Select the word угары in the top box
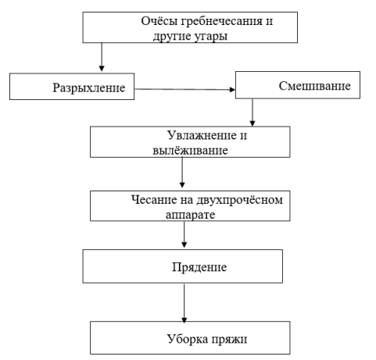[211, 37]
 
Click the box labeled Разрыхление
[72, 87]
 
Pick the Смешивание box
[298, 85]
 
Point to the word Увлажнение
[201, 136]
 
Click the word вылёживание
[190, 151]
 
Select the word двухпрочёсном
[239, 201]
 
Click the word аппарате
[191, 216]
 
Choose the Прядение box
[183, 266]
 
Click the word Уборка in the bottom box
[188, 339]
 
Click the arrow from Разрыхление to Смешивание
[184, 89]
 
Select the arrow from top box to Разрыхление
[102, 57]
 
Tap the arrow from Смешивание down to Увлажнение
[252, 112]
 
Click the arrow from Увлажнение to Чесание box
[182, 173]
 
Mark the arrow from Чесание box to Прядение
[184, 234]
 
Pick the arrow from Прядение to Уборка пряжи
[184, 303]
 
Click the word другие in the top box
[172, 37]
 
